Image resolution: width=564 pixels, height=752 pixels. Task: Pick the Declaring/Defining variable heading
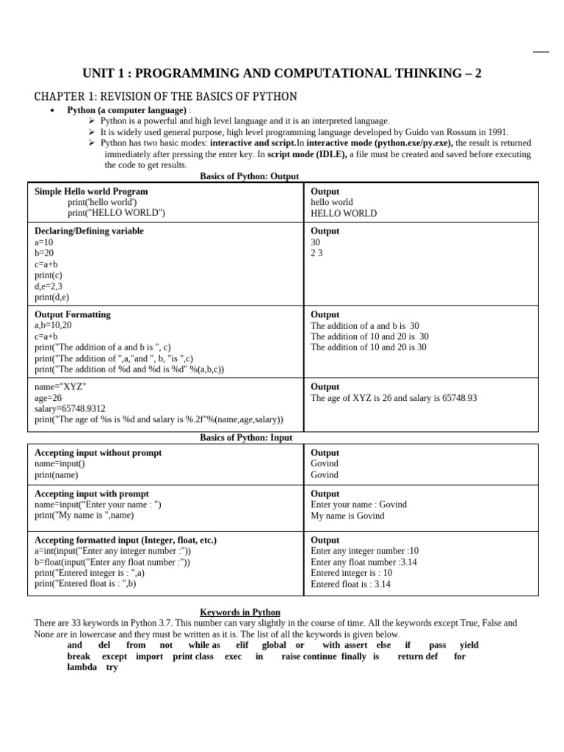pyautogui.click(x=89, y=231)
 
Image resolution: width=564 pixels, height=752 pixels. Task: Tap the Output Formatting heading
pyautogui.click(x=73, y=314)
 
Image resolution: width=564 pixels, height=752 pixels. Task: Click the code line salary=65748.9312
pyautogui.click(x=70, y=408)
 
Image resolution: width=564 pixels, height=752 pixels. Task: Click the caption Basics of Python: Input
pyautogui.click(x=246, y=438)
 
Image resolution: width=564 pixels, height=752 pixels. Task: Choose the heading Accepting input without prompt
pyautogui.click(x=98, y=453)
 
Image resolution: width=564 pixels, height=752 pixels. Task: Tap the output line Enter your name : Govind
pyautogui.click(x=358, y=505)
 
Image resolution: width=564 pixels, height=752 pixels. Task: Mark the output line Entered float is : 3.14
pyautogui.click(x=350, y=585)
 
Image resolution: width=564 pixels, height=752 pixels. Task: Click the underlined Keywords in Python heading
pyautogui.click(x=240, y=612)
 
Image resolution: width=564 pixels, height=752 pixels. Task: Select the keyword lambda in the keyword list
pyautogui.click(x=82, y=668)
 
